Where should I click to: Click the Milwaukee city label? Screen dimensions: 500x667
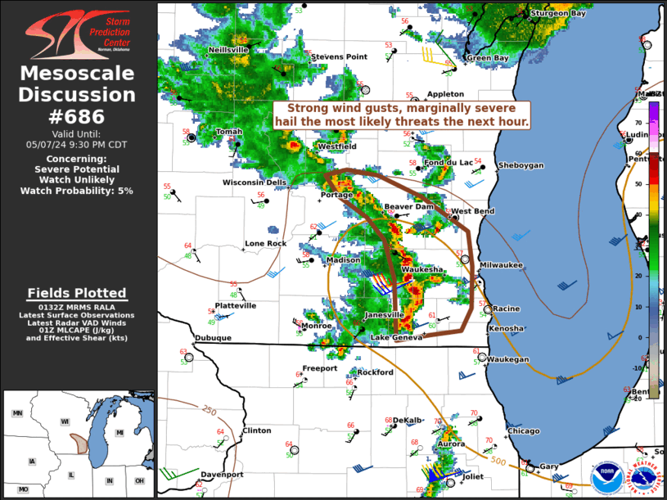[x=501, y=265]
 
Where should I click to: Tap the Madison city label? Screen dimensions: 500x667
[x=343, y=260]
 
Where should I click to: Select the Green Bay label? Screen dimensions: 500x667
[x=487, y=58]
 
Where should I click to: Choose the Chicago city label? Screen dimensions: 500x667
[x=523, y=431]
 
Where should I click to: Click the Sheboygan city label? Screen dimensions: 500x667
[x=521, y=165]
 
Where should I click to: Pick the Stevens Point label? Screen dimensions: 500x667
[x=339, y=56]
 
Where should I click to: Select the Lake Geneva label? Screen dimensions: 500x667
[x=397, y=338]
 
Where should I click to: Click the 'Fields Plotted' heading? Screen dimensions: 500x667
[x=77, y=293]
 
